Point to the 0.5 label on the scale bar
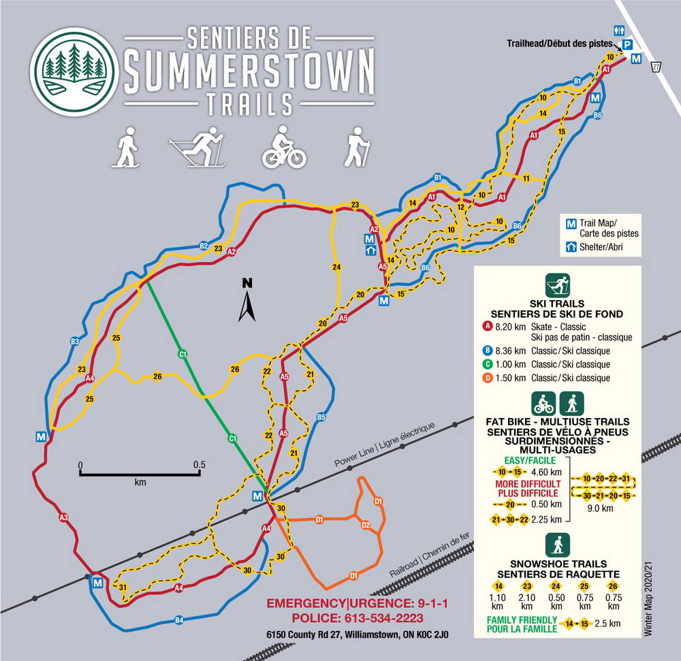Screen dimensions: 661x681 tap(198, 465)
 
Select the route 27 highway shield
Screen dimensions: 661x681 tap(656, 66)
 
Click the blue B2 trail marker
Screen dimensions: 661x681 tap(203, 246)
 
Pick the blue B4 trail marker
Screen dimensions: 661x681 tap(179, 619)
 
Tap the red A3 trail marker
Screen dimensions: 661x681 tap(63, 518)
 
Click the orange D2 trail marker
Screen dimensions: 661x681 tap(365, 525)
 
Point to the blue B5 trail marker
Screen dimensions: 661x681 tap(321, 417)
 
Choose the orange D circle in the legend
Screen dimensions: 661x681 tap(487, 378)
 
